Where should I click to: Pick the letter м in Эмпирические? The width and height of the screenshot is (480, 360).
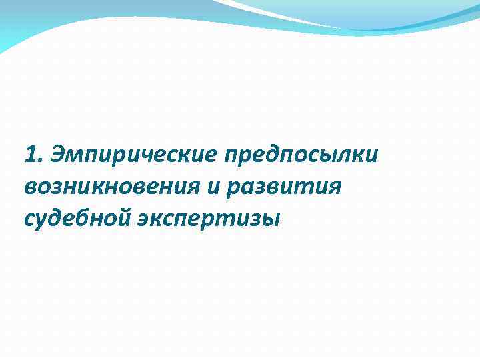[71, 157]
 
